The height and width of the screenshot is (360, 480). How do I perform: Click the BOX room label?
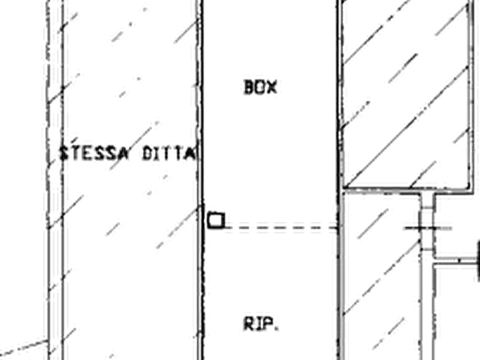point(261,87)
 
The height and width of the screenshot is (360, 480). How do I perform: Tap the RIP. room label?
point(261,324)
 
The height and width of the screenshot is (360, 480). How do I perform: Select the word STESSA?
point(94,153)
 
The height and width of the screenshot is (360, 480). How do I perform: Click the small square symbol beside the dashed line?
point(216,220)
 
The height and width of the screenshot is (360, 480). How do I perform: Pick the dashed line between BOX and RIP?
point(282,228)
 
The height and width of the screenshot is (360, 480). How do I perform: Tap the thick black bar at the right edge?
point(478,261)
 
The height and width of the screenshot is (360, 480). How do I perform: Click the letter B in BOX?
point(249,87)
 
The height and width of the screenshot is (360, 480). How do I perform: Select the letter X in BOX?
point(272,87)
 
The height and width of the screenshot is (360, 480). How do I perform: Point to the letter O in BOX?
point(260,87)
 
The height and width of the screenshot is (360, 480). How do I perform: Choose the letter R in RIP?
point(249,324)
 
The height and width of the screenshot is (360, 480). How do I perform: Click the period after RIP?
point(277,329)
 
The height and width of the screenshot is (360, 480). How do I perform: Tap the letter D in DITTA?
point(148,154)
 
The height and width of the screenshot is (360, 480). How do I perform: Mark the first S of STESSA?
point(64,153)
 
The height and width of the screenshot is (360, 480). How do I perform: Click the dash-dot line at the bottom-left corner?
point(24,347)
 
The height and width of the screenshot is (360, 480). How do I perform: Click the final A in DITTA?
point(191,154)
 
